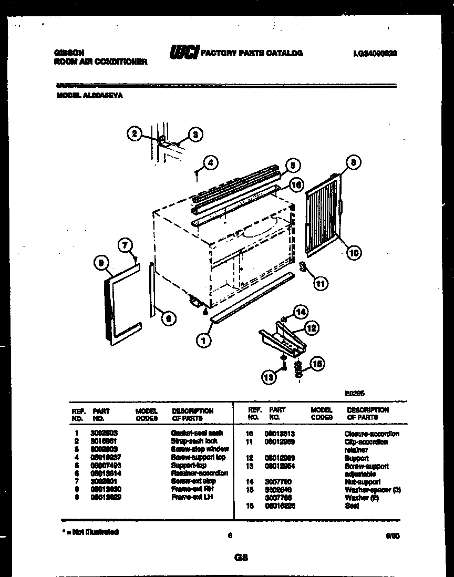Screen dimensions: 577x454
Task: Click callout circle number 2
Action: click(x=135, y=135)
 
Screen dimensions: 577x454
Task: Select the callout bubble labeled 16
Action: click(x=296, y=185)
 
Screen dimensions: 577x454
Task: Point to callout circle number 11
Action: click(x=321, y=284)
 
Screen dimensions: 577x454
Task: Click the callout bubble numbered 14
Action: click(x=300, y=312)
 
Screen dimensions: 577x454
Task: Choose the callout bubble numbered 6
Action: click(x=168, y=318)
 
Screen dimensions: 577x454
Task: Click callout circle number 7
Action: click(x=126, y=245)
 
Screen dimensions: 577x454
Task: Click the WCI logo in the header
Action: click(x=183, y=53)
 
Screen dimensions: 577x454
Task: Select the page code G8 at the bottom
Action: click(x=241, y=558)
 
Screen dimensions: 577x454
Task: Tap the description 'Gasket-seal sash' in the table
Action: click(x=197, y=433)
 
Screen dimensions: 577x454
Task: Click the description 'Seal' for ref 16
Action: click(x=352, y=506)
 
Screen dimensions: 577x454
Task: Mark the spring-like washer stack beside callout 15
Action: click(x=298, y=369)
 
